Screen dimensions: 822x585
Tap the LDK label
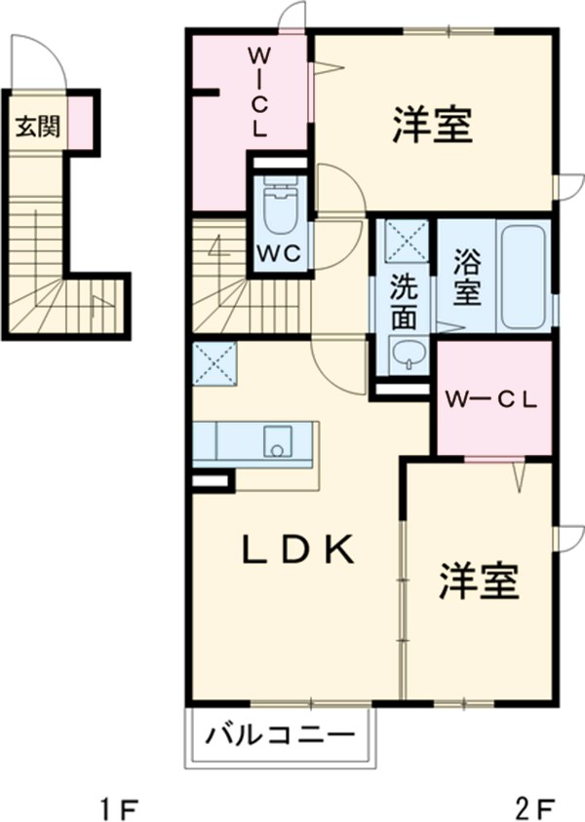(x=296, y=550)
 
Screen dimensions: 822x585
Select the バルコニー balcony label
(x=278, y=734)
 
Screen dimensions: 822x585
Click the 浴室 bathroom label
(x=466, y=279)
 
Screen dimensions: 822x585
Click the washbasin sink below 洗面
(x=405, y=355)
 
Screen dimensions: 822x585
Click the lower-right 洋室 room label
(x=477, y=581)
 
